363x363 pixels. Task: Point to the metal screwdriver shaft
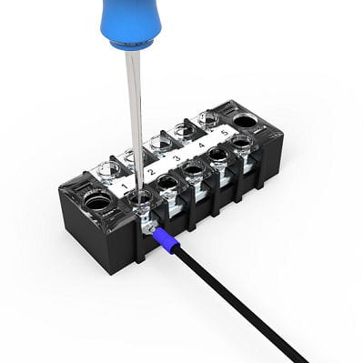(x=136, y=109)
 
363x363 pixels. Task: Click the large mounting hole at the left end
(x=94, y=201)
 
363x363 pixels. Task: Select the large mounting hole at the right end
(x=246, y=120)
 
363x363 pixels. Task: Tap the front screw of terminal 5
(x=240, y=144)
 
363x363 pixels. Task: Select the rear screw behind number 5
(x=207, y=118)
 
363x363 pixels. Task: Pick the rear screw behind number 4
(x=185, y=130)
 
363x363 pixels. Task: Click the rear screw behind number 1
(x=108, y=169)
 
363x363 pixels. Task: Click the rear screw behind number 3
(x=161, y=142)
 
